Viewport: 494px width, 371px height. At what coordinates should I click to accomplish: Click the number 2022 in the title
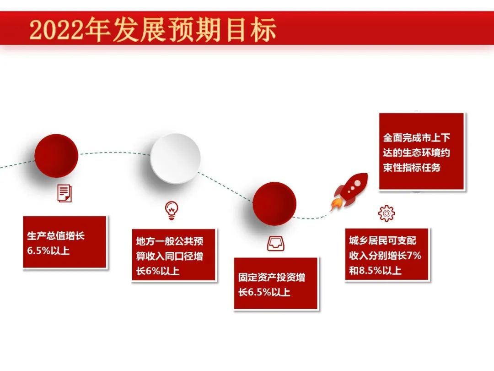point(57,30)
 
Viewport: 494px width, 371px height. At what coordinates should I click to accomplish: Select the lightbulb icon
point(172,210)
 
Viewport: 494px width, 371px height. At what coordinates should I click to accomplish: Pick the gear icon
point(387,213)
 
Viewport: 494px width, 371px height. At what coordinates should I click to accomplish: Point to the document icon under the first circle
point(64,193)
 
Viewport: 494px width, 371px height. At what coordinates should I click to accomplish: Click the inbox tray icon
point(276,244)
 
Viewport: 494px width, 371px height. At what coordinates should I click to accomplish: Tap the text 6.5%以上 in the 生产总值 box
point(48,251)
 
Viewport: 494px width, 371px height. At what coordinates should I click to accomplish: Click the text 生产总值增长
point(56,236)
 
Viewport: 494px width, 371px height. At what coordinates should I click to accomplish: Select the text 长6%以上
point(157,271)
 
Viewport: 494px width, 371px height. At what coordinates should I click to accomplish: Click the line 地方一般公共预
point(170,241)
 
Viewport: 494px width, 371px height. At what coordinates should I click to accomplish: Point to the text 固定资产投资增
point(272,277)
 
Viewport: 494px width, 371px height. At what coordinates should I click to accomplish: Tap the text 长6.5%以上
point(264,292)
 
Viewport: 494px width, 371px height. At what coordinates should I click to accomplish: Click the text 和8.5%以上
point(375,270)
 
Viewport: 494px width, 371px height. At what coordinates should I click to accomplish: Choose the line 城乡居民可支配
point(382,240)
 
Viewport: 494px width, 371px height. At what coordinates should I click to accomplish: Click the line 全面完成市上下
point(417,137)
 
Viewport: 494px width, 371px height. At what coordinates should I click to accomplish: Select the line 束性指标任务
point(412,168)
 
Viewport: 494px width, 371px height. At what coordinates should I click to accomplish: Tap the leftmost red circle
point(56,156)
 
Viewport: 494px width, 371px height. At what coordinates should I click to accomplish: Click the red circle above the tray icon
point(274,203)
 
